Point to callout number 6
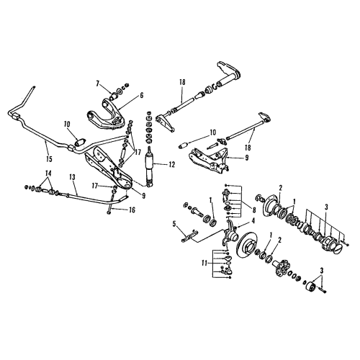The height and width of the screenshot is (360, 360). tap(142, 94)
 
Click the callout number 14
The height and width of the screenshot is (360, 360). tap(49, 174)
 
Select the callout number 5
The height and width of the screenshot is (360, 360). tap(175, 224)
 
